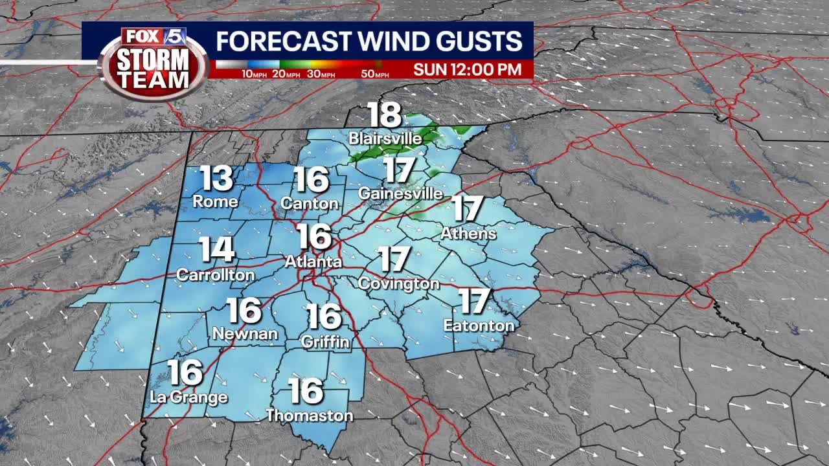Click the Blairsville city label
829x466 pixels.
coord(385,139)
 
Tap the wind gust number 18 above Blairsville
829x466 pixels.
coord(385,115)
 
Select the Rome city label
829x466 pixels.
coord(215,202)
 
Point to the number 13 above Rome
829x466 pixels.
coord(216,179)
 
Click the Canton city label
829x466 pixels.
coord(310,203)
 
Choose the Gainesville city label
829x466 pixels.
coord(401,194)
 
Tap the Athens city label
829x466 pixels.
coord(468,233)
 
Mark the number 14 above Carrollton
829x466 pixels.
coord(216,250)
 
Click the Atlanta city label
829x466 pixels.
coord(313,262)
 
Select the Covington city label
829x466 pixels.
coord(398,283)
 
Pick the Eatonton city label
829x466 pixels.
coord(479,326)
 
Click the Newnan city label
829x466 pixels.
coord(245,334)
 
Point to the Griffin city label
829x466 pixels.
coord(325,341)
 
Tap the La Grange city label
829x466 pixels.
coord(188,397)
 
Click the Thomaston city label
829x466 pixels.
coord(310,416)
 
